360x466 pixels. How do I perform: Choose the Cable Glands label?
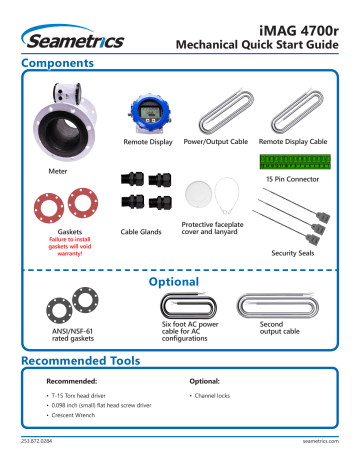click(142, 231)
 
